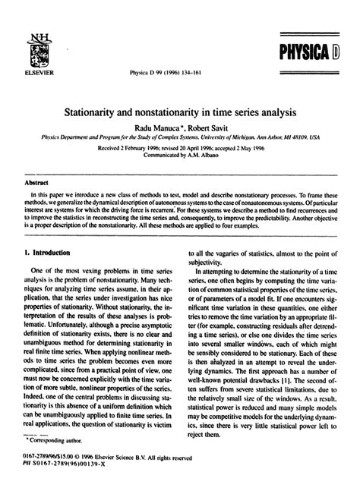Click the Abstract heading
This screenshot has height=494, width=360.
pos(37,183)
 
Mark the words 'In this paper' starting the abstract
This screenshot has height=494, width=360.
pos(48,194)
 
